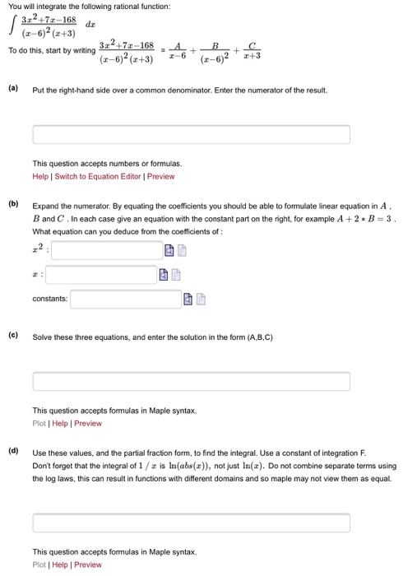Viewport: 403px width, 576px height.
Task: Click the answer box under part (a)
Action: [x=191, y=134]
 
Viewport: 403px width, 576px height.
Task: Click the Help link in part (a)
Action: [x=40, y=176]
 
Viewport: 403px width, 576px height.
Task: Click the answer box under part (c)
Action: [x=191, y=381]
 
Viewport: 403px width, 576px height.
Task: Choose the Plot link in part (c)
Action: [x=39, y=423]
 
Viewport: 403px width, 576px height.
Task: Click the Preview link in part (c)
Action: [x=88, y=423]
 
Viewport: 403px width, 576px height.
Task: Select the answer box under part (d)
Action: [x=191, y=523]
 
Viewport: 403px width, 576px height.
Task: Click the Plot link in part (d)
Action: [x=39, y=564]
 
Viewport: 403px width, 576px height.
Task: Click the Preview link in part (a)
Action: [x=160, y=176]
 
